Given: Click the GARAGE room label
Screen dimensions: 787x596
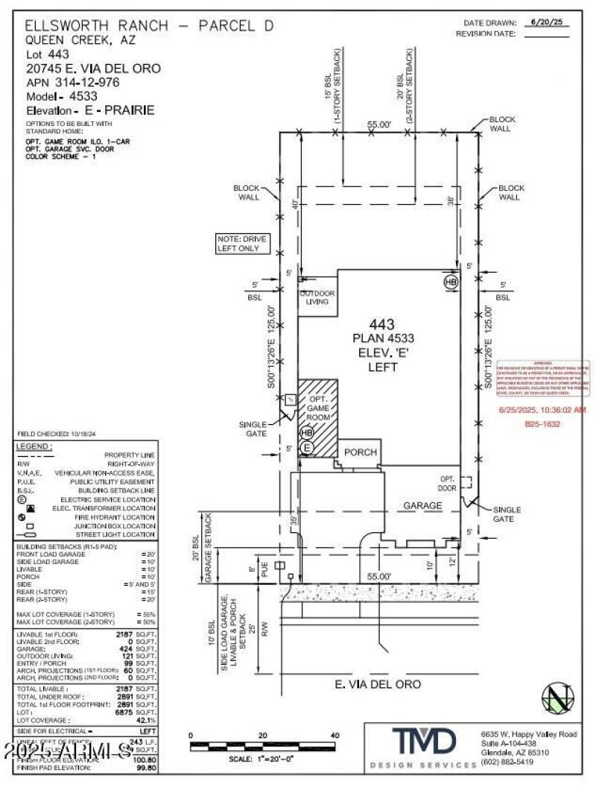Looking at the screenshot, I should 422,505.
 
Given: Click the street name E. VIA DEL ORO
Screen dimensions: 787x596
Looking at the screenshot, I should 378,683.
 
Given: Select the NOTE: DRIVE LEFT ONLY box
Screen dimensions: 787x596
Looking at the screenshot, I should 241,243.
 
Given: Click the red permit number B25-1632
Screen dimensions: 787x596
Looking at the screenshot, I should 542,424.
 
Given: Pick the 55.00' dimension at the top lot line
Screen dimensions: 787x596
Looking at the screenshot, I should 378,126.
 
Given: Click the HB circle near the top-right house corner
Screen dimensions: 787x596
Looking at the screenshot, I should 451,282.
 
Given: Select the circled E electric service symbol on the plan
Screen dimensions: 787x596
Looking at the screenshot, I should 306,448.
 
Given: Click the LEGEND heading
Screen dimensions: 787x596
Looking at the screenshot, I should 34,446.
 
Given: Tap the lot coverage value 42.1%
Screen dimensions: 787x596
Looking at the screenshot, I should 146,720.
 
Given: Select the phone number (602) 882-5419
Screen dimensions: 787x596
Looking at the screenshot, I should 507,762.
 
